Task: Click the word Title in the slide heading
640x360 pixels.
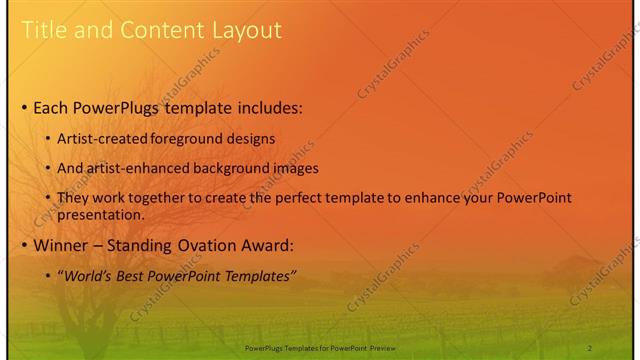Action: pyautogui.click(x=44, y=30)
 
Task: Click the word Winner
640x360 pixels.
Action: pyautogui.click(x=61, y=246)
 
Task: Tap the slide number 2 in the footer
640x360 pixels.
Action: pyautogui.click(x=590, y=347)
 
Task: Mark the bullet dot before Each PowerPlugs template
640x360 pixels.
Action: pyautogui.click(x=24, y=107)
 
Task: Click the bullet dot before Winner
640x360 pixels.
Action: pyautogui.click(x=24, y=246)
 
